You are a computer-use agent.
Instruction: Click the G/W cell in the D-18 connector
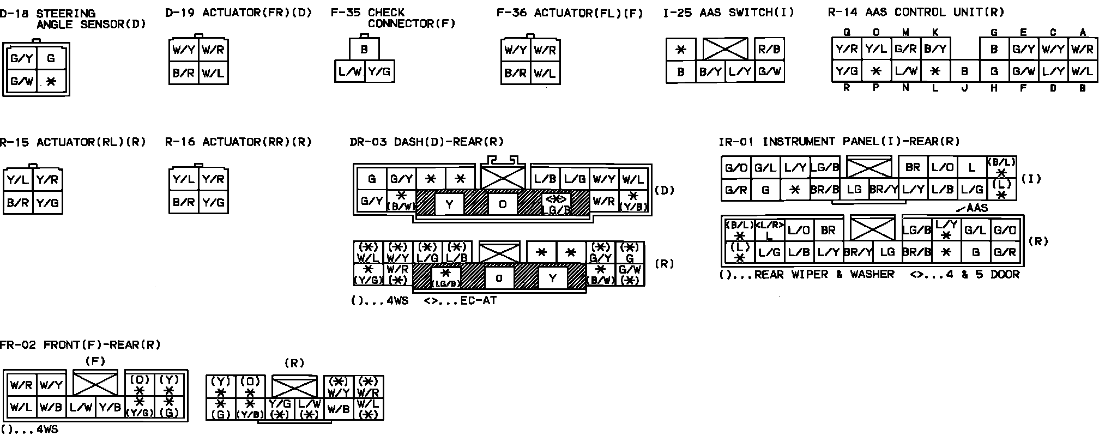click(x=21, y=82)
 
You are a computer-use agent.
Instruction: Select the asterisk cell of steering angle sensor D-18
click(x=51, y=82)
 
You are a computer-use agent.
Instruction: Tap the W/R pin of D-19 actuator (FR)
click(x=213, y=50)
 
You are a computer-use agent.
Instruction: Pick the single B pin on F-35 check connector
click(x=364, y=49)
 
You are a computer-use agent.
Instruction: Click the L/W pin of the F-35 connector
click(x=349, y=71)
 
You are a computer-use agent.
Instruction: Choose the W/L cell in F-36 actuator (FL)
click(x=545, y=73)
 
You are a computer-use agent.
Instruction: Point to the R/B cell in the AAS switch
click(x=769, y=50)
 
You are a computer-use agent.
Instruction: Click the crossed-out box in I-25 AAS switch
click(x=725, y=49)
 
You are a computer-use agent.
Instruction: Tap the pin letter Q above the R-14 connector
click(x=847, y=33)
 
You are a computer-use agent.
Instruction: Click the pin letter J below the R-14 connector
click(x=964, y=88)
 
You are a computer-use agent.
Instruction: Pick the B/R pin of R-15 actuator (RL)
click(x=18, y=202)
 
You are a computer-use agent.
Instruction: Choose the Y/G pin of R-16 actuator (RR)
click(x=213, y=202)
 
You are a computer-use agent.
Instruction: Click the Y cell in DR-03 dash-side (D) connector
click(x=449, y=204)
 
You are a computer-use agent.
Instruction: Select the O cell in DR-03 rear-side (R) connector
click(x=499, y=278)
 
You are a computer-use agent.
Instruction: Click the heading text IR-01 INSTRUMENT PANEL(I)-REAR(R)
click(x=839, y=142)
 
